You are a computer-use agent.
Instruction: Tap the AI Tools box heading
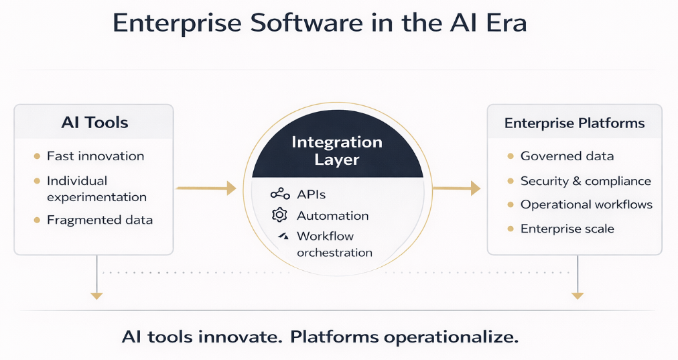(94, 123)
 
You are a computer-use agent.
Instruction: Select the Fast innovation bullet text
(95, 156)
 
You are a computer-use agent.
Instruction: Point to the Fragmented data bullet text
(99, 220)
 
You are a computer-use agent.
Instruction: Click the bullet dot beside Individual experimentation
(36, 181)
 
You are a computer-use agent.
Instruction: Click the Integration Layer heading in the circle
(337, 151)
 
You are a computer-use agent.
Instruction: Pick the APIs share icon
(280, 194)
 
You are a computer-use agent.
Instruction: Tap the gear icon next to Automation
(279, 215)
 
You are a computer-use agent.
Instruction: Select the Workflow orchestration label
(334, 244)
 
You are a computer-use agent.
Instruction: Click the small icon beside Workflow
(283, 236)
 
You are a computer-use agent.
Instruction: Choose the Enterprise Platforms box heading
(574, 123)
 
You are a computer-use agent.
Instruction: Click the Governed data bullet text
(567, 156)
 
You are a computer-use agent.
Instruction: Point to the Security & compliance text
(586, 181)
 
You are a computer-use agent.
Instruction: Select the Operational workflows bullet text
(586, 204)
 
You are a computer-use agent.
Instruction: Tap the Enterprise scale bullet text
(567, 229)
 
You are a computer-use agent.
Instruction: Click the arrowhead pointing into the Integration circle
(231, 189)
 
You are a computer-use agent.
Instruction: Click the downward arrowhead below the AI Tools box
(97, 294)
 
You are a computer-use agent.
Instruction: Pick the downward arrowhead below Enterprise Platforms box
(577, 294)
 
